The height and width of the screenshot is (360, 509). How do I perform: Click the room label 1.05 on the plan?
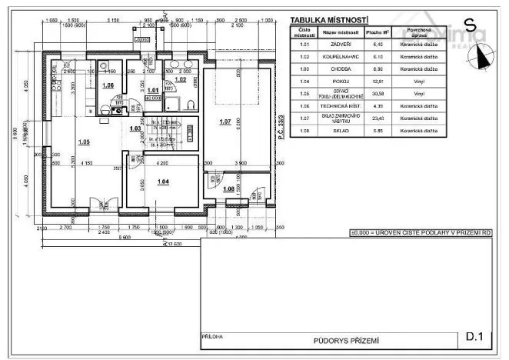pyautogui.click(x=84, y=142)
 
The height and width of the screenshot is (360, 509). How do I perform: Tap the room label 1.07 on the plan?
pyautogui.click(x=225, y=122)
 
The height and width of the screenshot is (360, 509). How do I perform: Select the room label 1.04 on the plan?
pyautogui.click(x=162, y=182)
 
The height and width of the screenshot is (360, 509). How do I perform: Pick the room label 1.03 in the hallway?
pyautogui.click(x=135, y=128)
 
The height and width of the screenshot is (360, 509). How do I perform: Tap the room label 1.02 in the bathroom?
pyautogui.click(x=180, y=79)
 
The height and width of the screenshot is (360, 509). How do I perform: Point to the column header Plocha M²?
pyautogui.click(x=377, y=32)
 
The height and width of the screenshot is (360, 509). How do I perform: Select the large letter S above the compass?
pyautogui.click(x=469, y=25)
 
